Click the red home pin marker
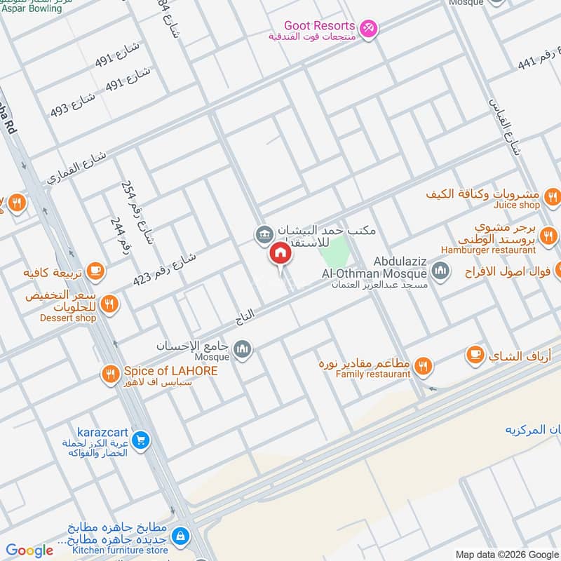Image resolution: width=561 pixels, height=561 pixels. (280, 254)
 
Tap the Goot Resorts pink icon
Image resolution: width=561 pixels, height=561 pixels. (370, 28)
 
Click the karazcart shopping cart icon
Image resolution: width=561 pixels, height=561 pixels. (142, 440)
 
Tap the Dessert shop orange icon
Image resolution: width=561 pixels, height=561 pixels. (109, 304)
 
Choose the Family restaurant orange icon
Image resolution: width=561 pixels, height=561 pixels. (422, 365)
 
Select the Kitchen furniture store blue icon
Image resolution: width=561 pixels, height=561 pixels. (181, 536)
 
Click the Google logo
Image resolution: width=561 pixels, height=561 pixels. (29, 550)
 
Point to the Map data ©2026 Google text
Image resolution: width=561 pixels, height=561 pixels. (508, 554)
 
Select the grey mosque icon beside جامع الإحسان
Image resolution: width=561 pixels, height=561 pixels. (242, 349)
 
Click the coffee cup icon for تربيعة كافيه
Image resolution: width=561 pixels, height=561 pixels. (95, 270)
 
